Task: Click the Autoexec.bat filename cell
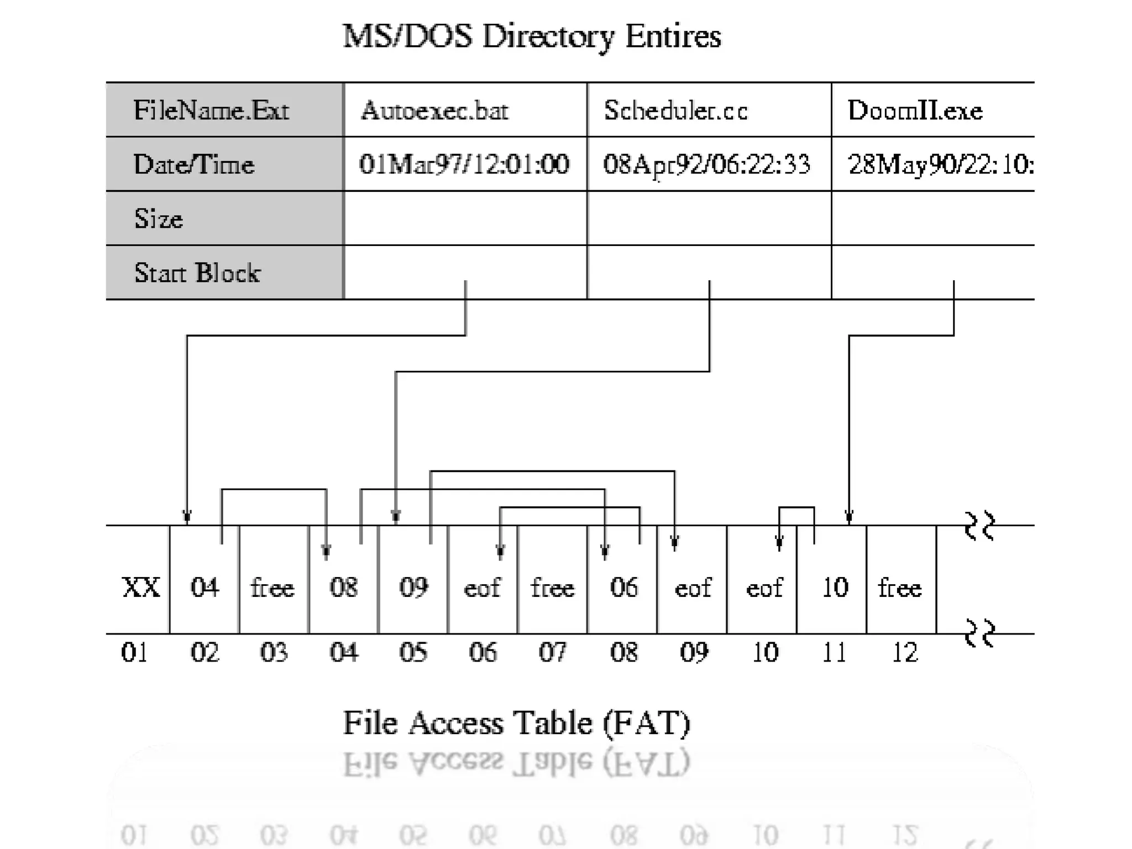point(434,111)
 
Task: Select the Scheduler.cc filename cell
point(675,111)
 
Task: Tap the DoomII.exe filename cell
point(915,111)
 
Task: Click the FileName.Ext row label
point(211,111)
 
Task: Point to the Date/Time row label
point(193,165)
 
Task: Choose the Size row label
point(158,219)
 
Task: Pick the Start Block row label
point(197,273)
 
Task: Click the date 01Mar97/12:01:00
point(464,165)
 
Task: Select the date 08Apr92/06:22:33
point(706,165)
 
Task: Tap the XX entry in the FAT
point(140,587)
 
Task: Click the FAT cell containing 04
point(205,587)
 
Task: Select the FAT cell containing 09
point(413,587)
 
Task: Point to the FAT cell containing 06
point(623,587)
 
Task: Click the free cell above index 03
point(273,587)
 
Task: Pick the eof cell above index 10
point(764,587)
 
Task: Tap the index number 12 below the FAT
point(904,653)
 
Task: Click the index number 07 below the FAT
point(553,653)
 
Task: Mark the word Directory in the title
point(547,37)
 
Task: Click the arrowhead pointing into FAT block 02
point(187,517)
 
